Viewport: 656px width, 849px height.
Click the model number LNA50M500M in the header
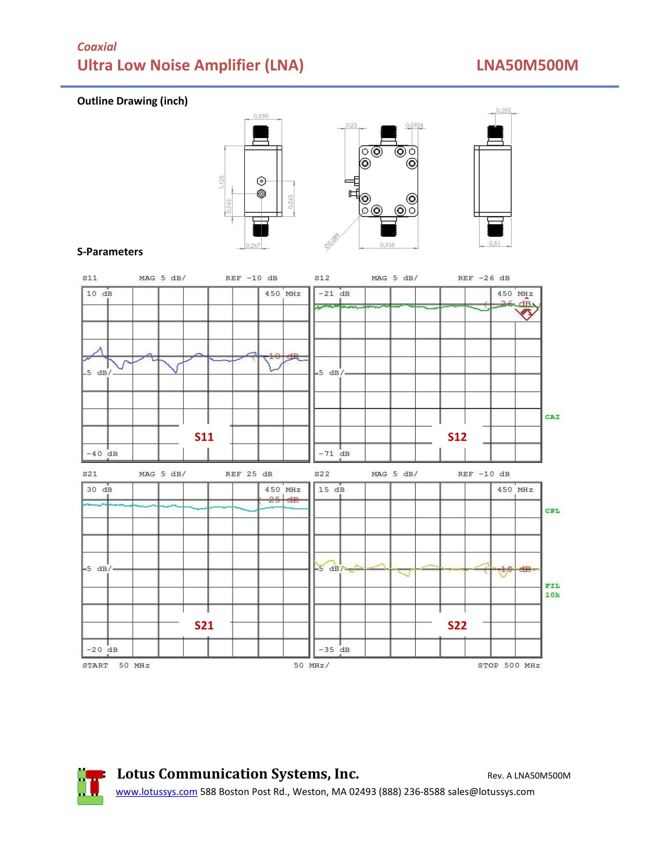point(527,65)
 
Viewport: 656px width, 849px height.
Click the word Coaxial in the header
point(97,47)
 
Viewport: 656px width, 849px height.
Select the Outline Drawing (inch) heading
point(132,101)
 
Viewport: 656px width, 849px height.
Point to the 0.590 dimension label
point(261,116)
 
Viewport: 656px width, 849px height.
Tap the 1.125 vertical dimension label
point(221,182)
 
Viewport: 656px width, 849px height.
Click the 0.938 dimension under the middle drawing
point(387,245)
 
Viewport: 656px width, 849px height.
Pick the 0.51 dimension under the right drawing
point(494,243)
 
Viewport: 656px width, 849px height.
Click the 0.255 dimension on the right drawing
point(503,110)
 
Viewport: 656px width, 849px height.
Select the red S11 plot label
point(204,437)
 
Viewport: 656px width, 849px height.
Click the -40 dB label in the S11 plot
point(102,453)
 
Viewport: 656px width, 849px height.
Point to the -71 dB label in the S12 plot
point(334,453)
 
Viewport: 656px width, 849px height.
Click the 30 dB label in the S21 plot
point(99,489)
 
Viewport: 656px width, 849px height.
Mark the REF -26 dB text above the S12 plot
point(483,278)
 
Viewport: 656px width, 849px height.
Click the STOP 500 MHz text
point(508,665)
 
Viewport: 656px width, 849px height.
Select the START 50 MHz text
point(116,665)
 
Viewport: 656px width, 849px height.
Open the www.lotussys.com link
point(156,791)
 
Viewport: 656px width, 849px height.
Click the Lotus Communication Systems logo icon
point(91,786)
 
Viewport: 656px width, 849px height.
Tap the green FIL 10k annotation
point(552,590)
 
